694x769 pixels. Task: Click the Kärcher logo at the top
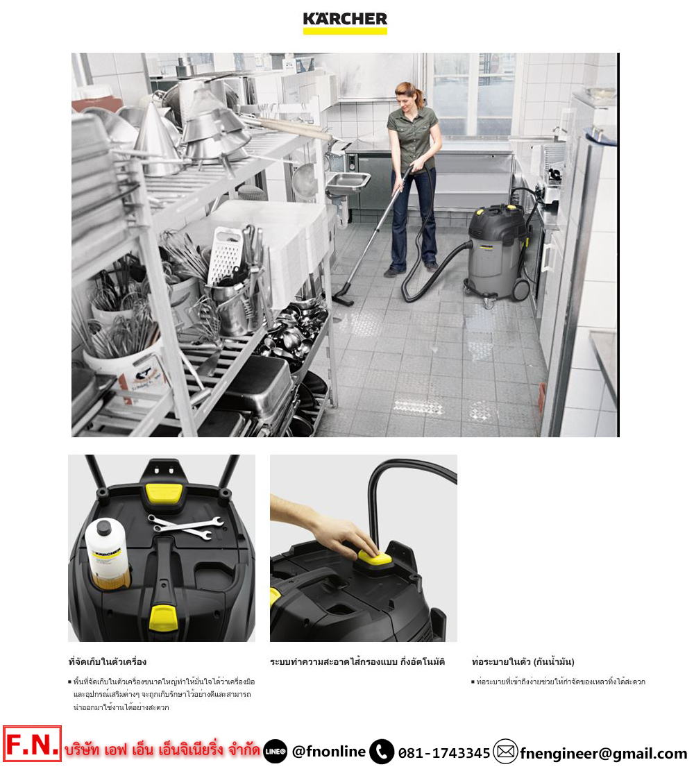(345, 23)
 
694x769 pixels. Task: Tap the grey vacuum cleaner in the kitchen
(496, 254)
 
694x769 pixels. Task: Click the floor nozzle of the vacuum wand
(343, 298)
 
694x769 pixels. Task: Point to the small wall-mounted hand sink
(347, 183)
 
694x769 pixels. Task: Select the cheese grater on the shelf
(225, 255)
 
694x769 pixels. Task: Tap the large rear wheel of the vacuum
(521, 289)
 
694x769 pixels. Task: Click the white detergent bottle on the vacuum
(107, 553)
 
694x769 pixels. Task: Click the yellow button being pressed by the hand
(374, 557)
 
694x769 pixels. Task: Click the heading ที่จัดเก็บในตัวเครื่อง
(108, 661)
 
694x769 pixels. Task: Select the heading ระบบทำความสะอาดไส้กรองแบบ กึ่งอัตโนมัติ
(357, 661)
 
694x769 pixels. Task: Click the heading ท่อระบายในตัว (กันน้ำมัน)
(523, 661)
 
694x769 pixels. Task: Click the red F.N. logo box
(32, 743)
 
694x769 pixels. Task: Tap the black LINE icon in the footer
(275, 752)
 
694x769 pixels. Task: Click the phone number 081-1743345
(444, 753)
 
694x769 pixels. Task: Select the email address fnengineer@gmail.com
(603, 753)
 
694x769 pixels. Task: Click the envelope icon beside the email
(506, 752)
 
